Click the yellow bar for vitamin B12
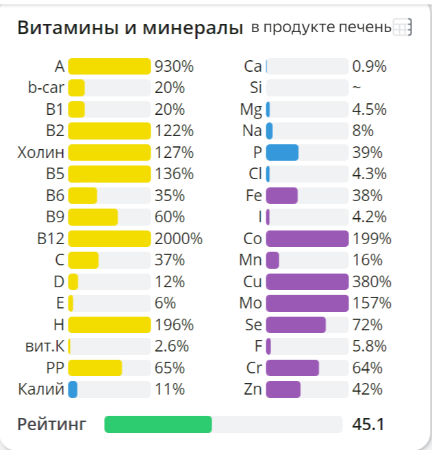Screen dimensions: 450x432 tap(109, 239)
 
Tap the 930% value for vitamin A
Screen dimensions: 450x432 tap(175, 66)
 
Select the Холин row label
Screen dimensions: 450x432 tap(40, 153)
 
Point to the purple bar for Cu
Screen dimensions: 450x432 tap(307, 282)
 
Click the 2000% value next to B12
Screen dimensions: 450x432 tap(179, 239)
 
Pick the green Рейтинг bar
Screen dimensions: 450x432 tap(158, 425)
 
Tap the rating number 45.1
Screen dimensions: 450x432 tap(368, 425)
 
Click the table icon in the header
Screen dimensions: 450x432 tap(401, 27)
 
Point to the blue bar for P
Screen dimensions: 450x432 tap(282, 153)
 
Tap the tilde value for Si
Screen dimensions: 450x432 tap(356, 88)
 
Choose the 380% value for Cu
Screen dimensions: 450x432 tap(372, 282)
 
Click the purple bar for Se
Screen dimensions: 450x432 tap(296, 325)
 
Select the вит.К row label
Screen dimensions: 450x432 tap(42, 346)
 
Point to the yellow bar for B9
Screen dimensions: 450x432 tap(93, 217)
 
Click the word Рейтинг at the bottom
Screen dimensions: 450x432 tap(52, 425)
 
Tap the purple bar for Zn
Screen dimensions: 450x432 tap(283, 390)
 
